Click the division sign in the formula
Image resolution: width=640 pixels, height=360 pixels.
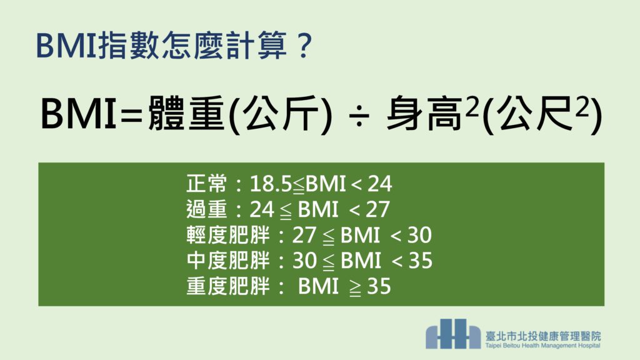(x=359, y=115)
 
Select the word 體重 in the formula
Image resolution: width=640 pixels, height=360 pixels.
(x=186, y=114)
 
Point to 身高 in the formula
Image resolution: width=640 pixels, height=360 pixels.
(x=424, y=114)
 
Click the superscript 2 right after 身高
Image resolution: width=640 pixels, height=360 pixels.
(x=472, y=108)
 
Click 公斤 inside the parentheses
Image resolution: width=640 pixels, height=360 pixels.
(x=281, y=114)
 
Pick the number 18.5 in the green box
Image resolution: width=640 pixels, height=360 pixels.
(x=270, y=184)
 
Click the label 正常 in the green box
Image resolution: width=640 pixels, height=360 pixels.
(x=206, y=183)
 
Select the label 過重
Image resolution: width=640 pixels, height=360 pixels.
(x=206, y=209)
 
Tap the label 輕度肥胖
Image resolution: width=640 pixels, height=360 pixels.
(x=228, y=235)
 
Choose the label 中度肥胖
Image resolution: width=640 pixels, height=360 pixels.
(x=228, y=261)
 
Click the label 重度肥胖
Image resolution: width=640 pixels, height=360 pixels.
(x=228, y=286)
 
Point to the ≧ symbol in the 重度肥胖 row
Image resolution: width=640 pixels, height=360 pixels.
(x=355, y=287)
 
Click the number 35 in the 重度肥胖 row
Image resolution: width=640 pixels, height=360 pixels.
(x=379, y=286)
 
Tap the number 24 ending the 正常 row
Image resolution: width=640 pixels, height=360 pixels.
(x=380, y=184)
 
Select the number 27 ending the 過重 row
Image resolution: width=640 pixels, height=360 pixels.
(x=377, y=209)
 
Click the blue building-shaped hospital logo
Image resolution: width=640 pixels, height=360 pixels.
(x=453, y=334)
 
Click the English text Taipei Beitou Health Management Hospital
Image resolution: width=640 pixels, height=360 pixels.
(x=543, y=346)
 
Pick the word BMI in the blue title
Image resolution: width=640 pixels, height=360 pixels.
(x=66, y=45)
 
